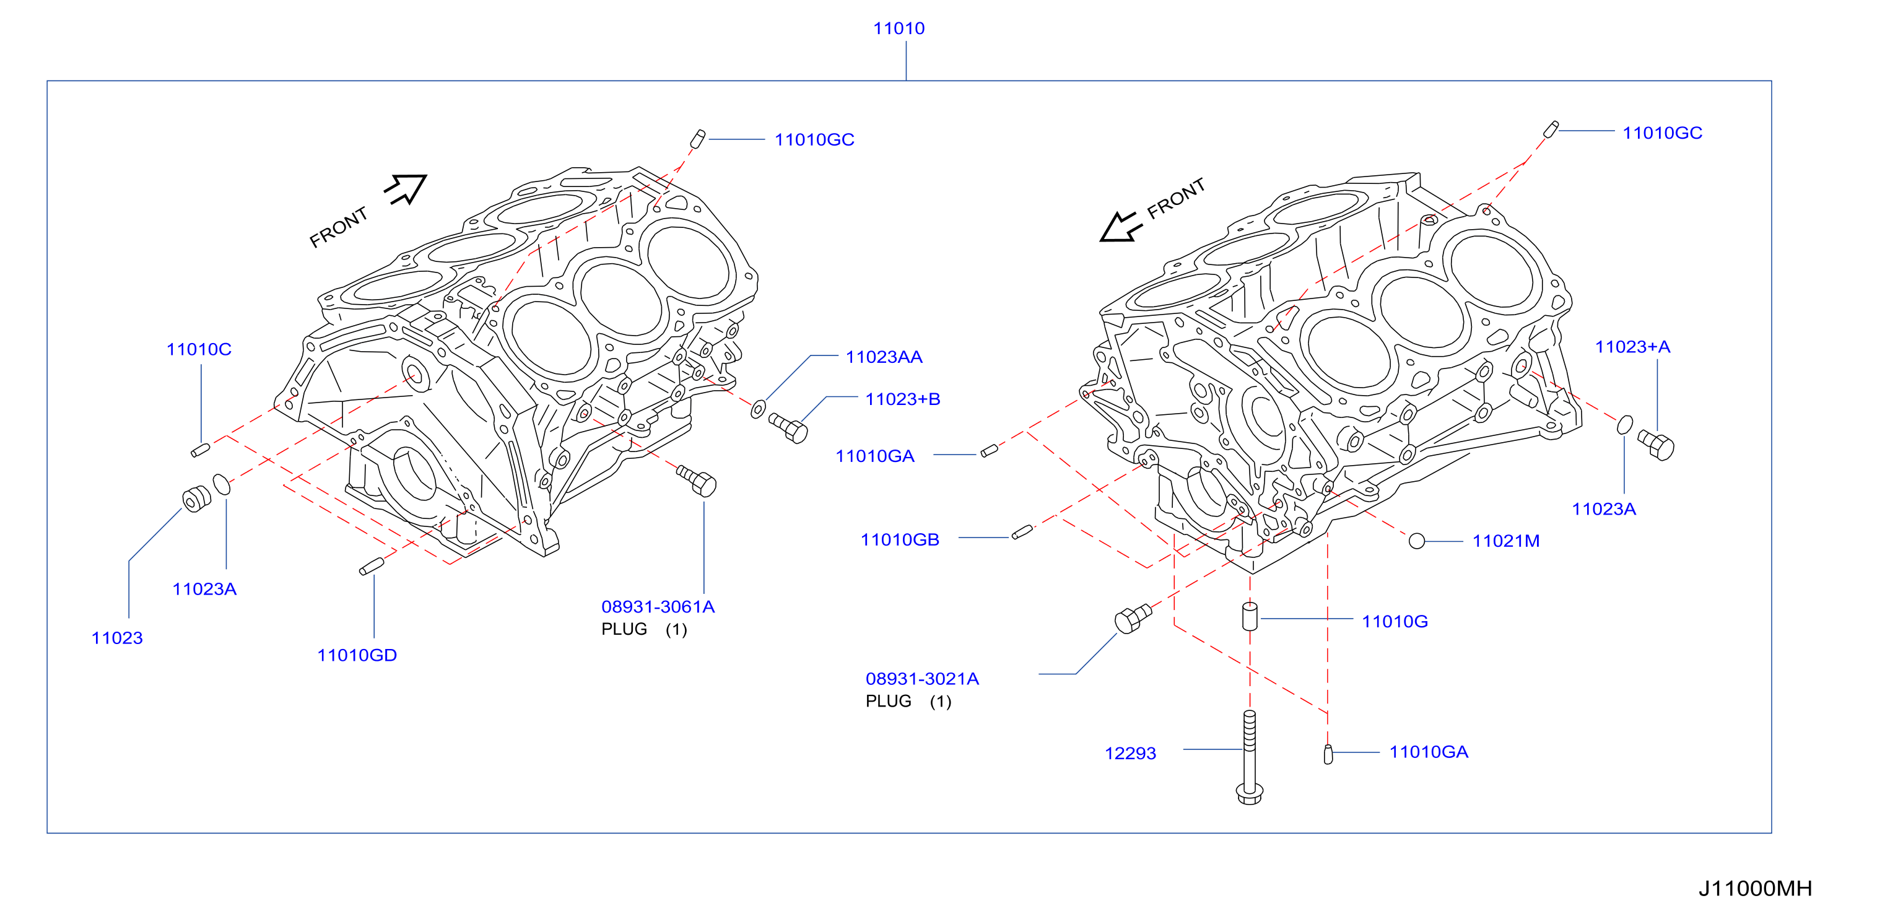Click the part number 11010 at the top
[x=899, y=28]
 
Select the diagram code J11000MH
[x=1755, y=888]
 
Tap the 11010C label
[x=199, y=349]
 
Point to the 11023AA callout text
[x=884, y=357]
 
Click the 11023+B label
[x=902, y=399]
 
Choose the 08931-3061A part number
[x=658, y=606]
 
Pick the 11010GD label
[x=357, y=655]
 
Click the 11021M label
[x=1506, y=541]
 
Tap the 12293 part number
[x=1131, y=753]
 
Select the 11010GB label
[x=900, y=539]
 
